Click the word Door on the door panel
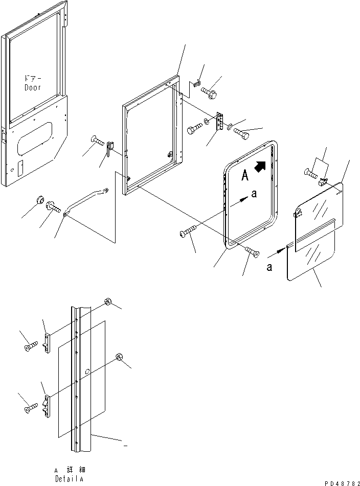tap(33, 88)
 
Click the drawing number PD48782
tap(342, 483)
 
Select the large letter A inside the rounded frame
tap(245, 176)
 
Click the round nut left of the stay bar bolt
tap(40, 200)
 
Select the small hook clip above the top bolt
tap(197, 83)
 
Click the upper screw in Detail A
tap(31, 346)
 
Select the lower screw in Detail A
tap(31, 408)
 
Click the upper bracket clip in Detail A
tap(48, 343)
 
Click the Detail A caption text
tap(70, 474)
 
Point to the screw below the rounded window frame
tap(252, 251)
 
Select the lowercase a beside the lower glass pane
tap(269, 267)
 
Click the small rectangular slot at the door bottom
tap(20, 169)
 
